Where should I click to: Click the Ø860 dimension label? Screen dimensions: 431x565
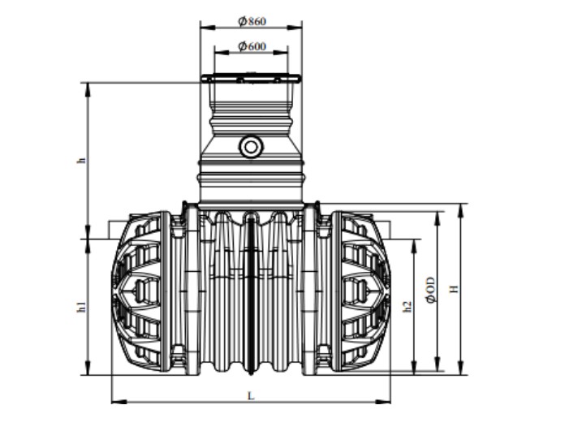[x=252, y=20]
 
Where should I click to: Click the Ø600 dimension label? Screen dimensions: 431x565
[x=252, y=46]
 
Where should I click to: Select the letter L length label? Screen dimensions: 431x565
[x=251, y=394]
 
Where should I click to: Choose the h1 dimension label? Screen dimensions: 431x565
[x=80, y=308]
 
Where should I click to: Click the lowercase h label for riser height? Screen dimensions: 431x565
[x=80, y=161]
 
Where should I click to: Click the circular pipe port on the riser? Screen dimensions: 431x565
[x=251, y=147]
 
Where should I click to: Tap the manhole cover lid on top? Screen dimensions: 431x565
[x=251, y=79]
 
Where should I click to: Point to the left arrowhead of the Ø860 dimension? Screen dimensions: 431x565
[x=204, y=27]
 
